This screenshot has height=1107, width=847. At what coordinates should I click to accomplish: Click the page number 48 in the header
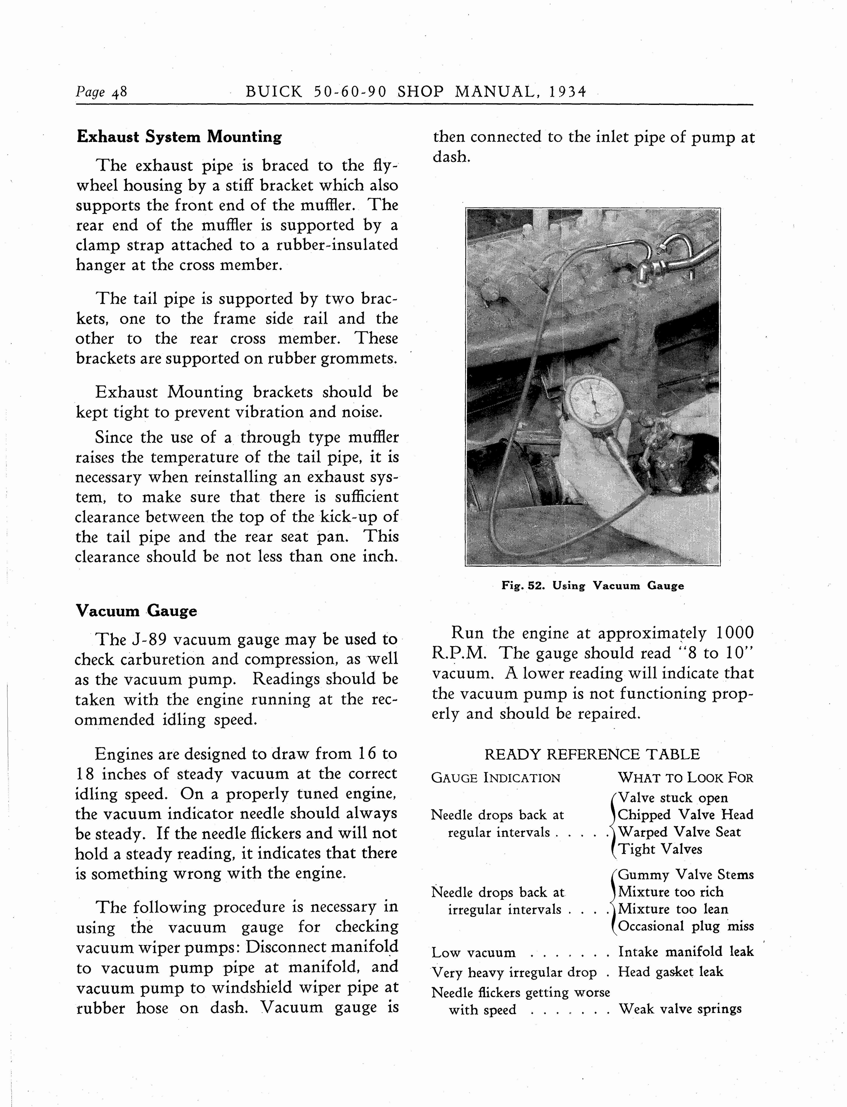click(x=120, y=92)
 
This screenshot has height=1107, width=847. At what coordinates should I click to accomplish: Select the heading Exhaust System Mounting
click(x=179, y=137)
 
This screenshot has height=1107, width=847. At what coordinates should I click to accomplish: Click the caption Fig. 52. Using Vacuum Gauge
click(x=592, y=585)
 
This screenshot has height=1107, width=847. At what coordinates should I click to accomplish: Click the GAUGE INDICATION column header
click(x=496, y=778)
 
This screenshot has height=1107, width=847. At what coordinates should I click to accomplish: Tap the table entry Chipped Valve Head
click(x=686, y=815)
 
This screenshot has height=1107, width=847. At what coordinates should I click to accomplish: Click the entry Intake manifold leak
click(x=686, y=952)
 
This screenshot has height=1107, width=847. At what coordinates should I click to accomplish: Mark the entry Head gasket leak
click(x=671, y=971)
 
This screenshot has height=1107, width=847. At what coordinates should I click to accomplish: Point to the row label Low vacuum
click(x=473, y=953)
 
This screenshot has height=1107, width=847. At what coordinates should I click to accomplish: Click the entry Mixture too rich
click(x=671, y=892)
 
